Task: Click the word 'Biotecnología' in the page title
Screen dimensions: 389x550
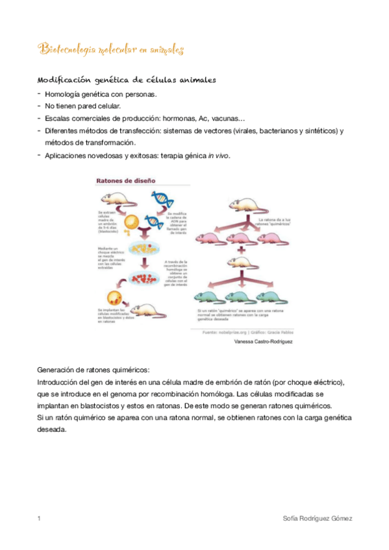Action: tap(65, 49)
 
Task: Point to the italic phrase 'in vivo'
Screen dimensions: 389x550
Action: tap(219, 156)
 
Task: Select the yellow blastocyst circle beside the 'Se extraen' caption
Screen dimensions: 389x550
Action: tap(130, 222)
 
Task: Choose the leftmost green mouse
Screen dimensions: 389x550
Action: tap(206, 297)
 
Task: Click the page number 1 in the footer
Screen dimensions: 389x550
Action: tap(40, 519)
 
